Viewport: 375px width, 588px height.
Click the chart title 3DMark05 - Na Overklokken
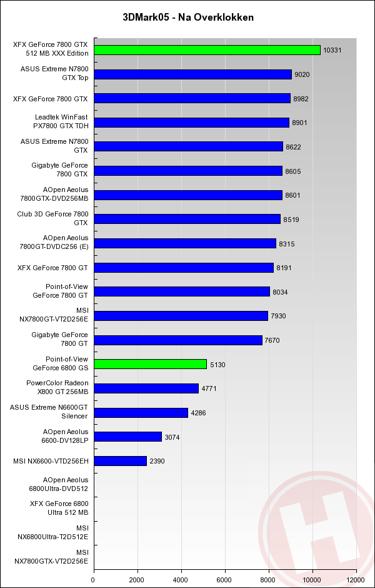pos(188,18)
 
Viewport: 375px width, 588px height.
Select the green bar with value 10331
pos(207,50)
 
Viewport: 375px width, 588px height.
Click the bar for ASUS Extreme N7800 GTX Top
pos(192,74)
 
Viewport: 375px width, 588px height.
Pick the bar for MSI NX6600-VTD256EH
pos(120,461)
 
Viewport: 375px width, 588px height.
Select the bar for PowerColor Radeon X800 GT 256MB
pos(146,388)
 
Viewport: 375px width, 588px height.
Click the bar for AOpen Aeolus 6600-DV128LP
pos(127,437)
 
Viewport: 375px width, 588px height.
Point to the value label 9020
pos(302,74)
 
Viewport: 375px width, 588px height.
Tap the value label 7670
pos(272,340)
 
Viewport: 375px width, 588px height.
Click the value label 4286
pos(198,413)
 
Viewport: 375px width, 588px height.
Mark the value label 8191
pos(284,268)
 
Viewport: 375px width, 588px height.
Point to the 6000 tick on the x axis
pos(225,579)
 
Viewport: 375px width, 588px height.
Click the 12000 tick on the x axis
pos(356,579)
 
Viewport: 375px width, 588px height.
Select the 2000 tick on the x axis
pos(137,579)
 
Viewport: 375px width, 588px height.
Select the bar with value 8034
pos(181,291)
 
